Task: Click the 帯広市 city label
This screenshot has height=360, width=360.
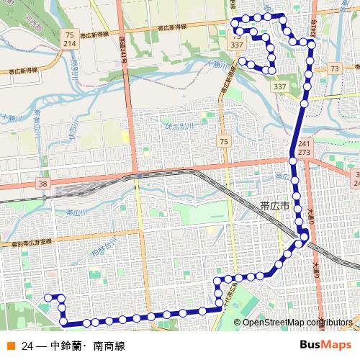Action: pos(274,206)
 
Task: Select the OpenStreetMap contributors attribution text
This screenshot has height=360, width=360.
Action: pos(296,322)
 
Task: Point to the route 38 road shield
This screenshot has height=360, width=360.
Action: pos(44,184)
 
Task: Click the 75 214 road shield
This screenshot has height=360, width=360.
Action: pos(69,39)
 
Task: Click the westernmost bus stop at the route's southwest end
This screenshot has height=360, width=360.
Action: pos(49,297)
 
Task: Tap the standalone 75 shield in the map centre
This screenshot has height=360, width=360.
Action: pos(224,141)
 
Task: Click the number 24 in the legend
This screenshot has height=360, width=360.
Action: pos(27,346)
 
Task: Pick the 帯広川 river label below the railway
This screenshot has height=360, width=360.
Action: pos(77,214)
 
